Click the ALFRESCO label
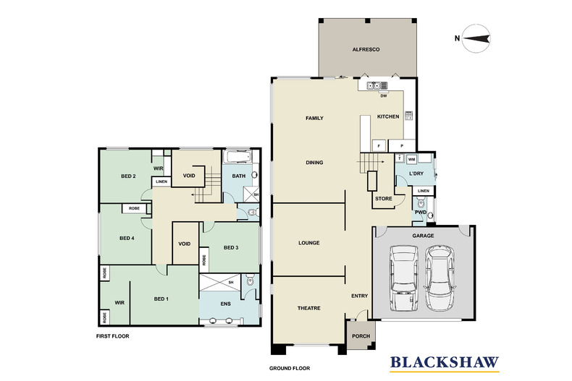pos(366,50)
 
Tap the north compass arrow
pos(476,38)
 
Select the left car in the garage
pos(404,278)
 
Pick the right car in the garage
pos(439,278)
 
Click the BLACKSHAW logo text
pos(445,362)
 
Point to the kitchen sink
pos(374,86)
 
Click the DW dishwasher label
pos(384,96)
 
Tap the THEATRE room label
pos(309,308)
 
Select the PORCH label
pos(361,336)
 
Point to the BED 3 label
pos(231,248)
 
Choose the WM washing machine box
pos(411,159)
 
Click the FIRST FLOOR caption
pos(113,336)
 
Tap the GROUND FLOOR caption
pos(290,368)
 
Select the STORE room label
pos(384,199)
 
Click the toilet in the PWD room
pos(421,202)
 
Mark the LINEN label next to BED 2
pos(161,181)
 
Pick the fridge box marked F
pos(379,146)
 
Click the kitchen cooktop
pos(409,116)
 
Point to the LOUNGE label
pos(309,243)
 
